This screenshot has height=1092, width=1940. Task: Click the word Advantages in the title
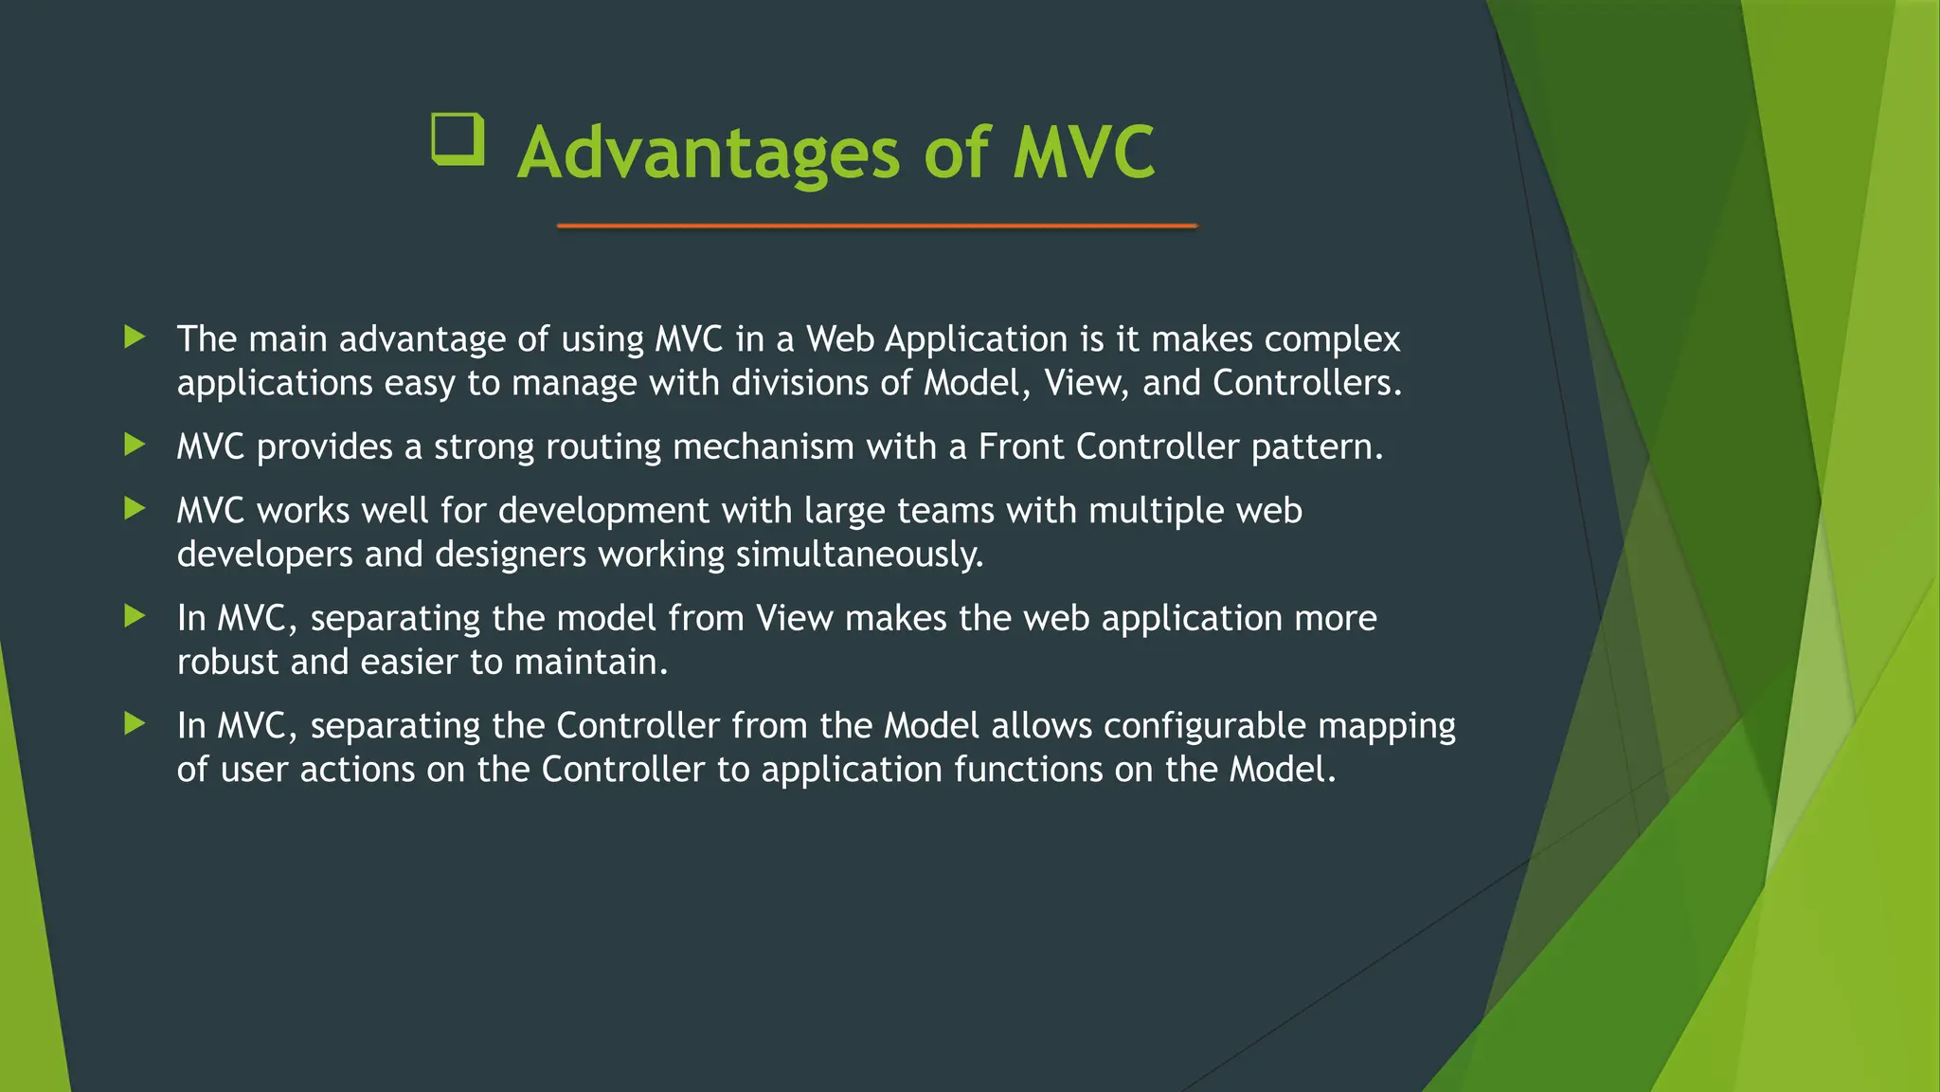pyautogui.click(x=708, y=154)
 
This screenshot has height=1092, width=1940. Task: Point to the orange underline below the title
pyautogui.click(x=877, y=226)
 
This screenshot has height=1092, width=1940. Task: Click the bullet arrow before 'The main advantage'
pyautogui.click(x=135, y=337)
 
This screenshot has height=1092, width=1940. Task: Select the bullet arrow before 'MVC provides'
pyautogui.click(x=135, y=445)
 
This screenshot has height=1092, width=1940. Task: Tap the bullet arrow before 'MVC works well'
pyautogui.click(x=135, y=509)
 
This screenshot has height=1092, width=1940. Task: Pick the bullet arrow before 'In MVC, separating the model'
pyautogui.click(x=135, y=617)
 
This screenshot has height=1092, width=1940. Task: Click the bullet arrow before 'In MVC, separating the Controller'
pyautogui.click(x=135, y=724)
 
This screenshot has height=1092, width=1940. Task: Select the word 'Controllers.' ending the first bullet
pyautogui.click(x=1306, y=383)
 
